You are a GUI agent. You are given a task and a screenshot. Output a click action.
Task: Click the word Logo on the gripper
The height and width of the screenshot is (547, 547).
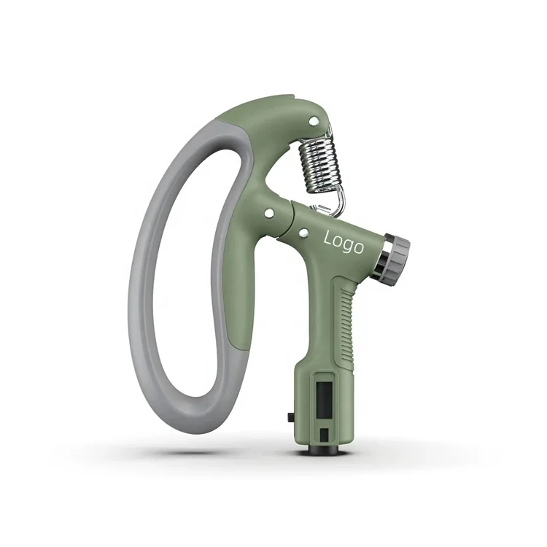pos(344,242)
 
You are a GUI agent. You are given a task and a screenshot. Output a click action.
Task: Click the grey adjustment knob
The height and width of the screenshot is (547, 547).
pos(399,257)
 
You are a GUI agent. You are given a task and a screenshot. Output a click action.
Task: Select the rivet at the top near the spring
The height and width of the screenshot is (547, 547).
pos(314,121)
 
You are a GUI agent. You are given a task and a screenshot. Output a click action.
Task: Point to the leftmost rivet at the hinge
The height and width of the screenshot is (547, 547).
pos(269,213)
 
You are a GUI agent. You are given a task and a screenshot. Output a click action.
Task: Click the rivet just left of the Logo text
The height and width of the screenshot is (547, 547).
pos(304,232)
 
